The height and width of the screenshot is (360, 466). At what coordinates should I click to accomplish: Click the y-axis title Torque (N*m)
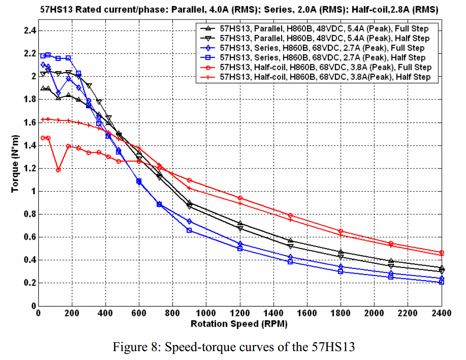[15, 164]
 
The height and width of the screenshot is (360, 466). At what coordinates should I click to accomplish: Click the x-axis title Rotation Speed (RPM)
[239, 324]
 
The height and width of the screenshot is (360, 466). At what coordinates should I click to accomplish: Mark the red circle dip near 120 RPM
[58, 170]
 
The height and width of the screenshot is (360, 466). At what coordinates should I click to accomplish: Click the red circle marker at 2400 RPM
[441, 253]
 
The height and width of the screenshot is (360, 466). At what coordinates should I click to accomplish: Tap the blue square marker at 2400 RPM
[441, 282]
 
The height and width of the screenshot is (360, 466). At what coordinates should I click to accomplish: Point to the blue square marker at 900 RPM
[189, 230]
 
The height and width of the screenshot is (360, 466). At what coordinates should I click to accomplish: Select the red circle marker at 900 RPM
[189, 180]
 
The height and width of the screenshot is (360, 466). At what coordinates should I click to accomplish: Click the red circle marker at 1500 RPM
[290, 215]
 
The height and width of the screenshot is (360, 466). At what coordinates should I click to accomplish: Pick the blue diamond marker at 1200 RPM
[240, 244]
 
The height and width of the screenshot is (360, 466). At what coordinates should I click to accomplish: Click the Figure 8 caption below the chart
[233, 347]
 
